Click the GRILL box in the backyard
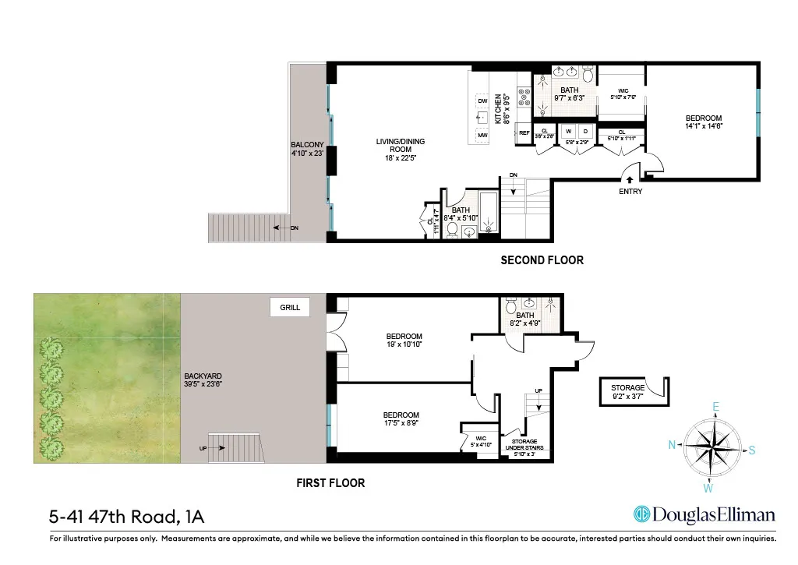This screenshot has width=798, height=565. click(289, 308)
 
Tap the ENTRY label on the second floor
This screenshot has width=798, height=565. click(630, 192)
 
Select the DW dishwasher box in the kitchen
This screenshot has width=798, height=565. click(482, 101)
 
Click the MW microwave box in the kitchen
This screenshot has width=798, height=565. click(482, 136)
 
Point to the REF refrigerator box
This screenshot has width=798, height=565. click(524, 133)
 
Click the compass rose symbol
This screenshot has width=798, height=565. click(713, 447)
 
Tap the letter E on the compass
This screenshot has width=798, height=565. click(716, 406)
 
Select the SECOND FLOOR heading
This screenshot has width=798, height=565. click(542, 260)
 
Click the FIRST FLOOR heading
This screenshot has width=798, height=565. click(330, 483)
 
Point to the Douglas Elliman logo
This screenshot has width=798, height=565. click(704, 514)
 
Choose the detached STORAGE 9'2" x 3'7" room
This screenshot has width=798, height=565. click(627, 392)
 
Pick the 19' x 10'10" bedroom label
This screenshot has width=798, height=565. click(404, 341)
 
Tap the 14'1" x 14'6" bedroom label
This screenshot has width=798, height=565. click(697, 122)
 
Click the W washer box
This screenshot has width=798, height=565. click(569, 131)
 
